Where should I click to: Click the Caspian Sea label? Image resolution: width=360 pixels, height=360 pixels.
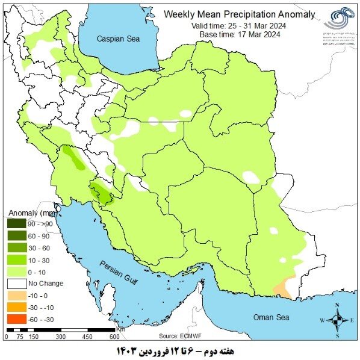click(x=118, y=38)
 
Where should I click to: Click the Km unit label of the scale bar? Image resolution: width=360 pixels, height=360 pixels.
click(x=120, y=329)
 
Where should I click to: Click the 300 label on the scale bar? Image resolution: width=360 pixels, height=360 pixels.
click(x=60, y=337)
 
